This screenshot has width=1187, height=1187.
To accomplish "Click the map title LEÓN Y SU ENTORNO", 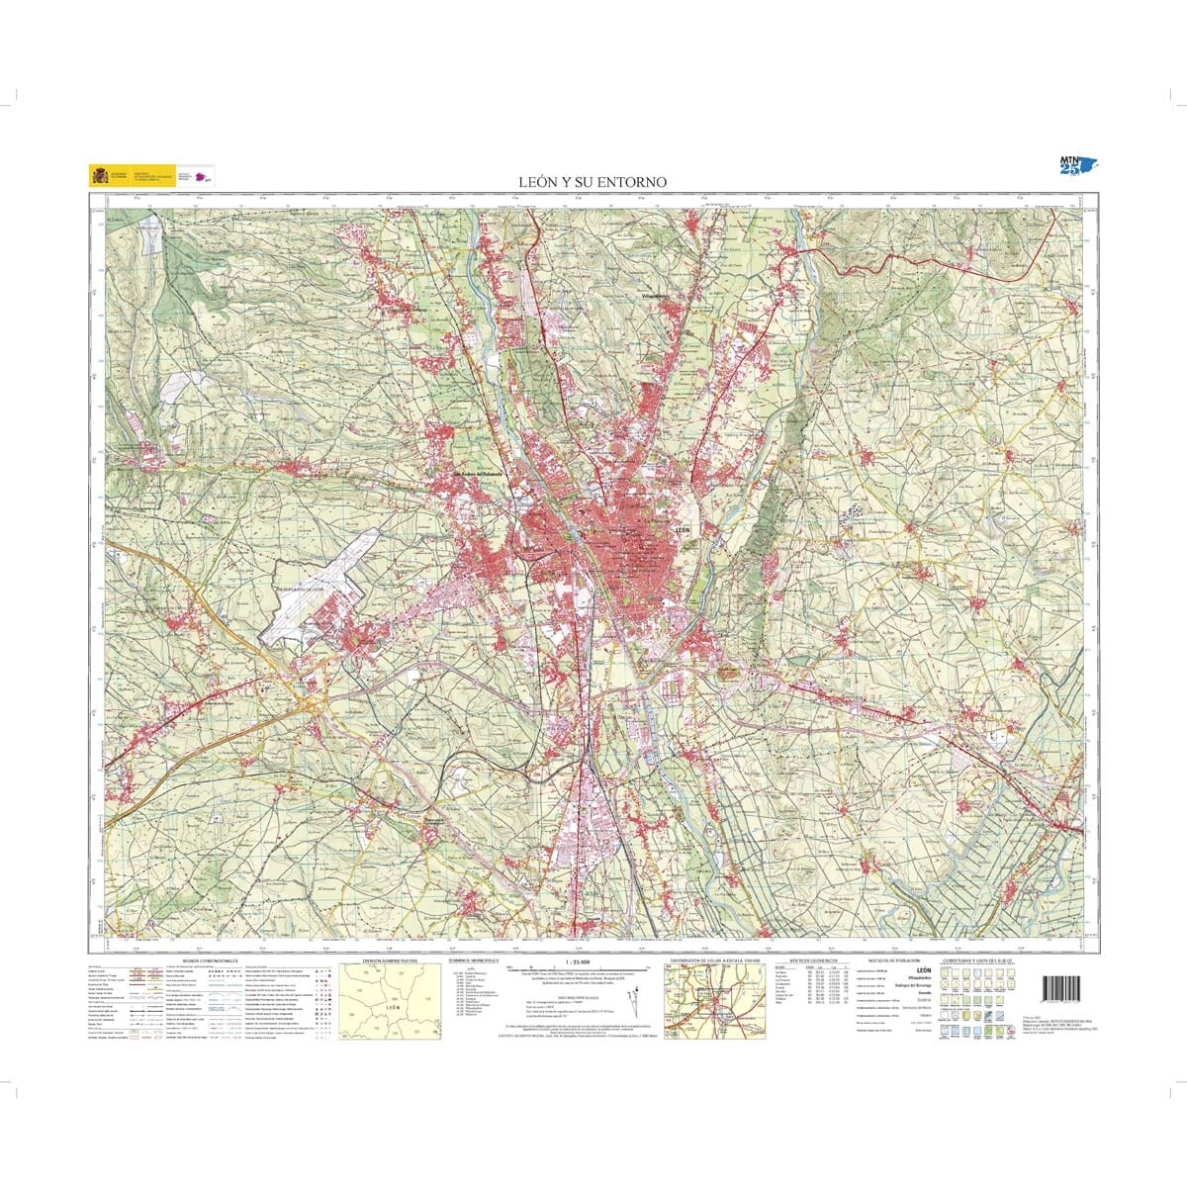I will [x=593, y=182].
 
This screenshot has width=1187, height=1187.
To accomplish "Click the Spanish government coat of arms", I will [x=99, y=175].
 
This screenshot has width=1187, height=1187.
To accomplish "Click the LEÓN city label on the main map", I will [x=683, y=531].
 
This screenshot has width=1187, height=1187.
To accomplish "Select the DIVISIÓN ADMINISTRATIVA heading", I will [x=390, y=960].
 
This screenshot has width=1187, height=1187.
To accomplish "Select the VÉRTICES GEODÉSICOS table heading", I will [x=813, y=960].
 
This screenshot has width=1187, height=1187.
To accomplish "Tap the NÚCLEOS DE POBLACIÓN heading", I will [x=893, y=960].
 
